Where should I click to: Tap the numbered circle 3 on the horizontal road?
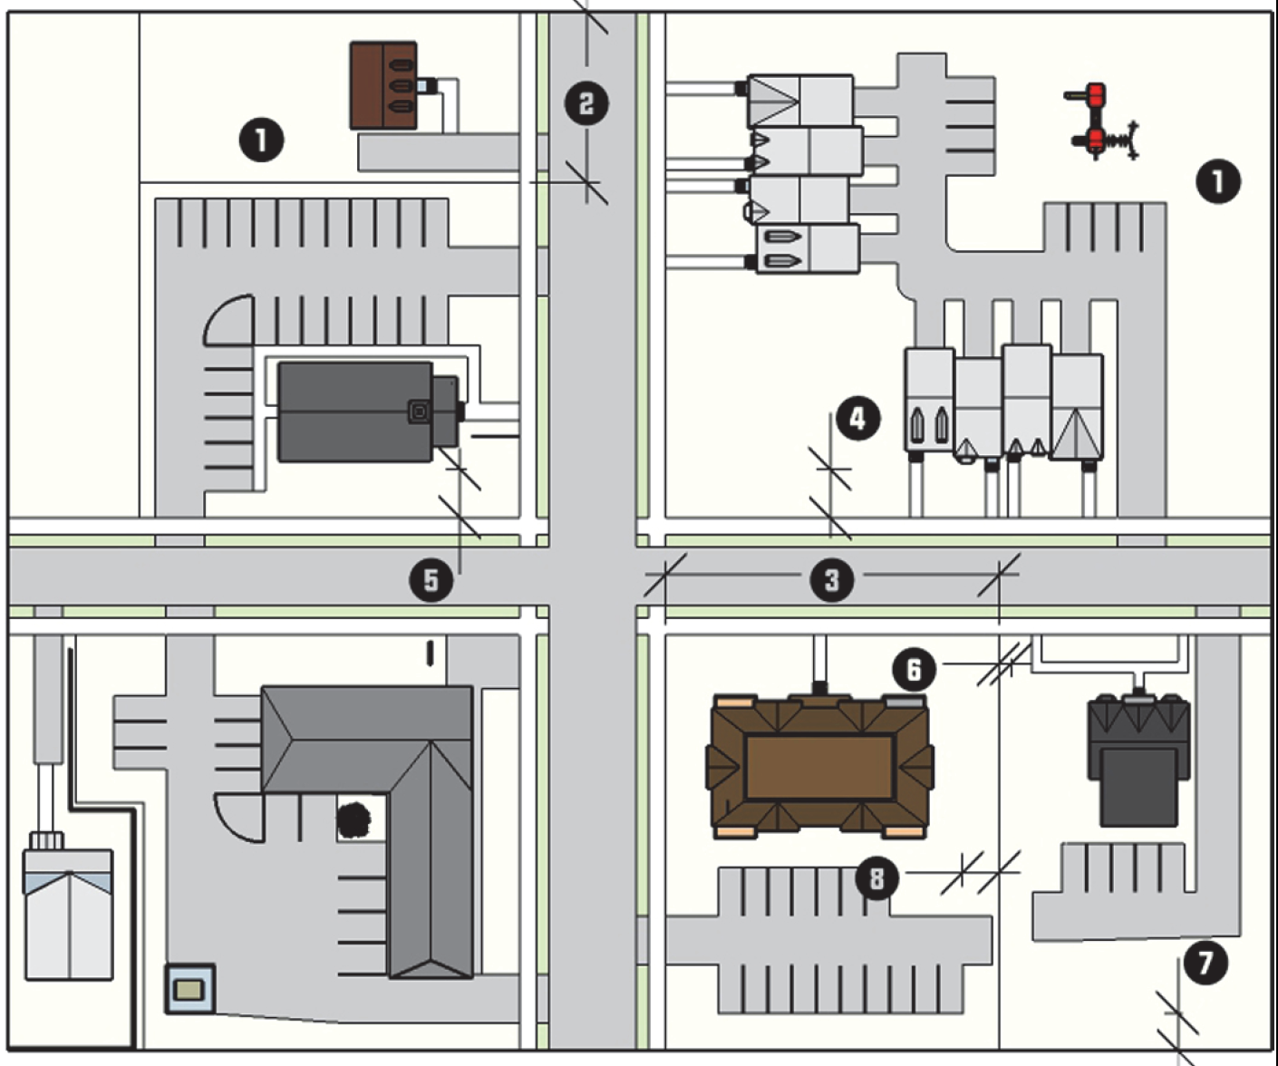[x=832, y=579]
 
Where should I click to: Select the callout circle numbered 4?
[x=857, y=419]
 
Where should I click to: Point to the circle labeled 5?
[x=431, y=580]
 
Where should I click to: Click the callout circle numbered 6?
[x=914, y=669]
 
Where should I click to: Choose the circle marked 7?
[x=1205, y=963]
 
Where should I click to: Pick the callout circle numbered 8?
[x=877, y=878]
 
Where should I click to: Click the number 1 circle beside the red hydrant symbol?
[x=1218, y=181]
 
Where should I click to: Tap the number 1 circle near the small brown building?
[x=261, y=141]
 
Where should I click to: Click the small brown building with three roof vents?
[x=383, y=86]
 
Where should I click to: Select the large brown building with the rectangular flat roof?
[x=820, y=767]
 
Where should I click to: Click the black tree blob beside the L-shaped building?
[x=354, y=819]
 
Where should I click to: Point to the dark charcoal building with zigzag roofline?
[x=1139, y=761]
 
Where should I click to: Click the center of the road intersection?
[x=592, y=577]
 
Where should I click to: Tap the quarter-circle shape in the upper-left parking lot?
[x=228, y=320]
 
